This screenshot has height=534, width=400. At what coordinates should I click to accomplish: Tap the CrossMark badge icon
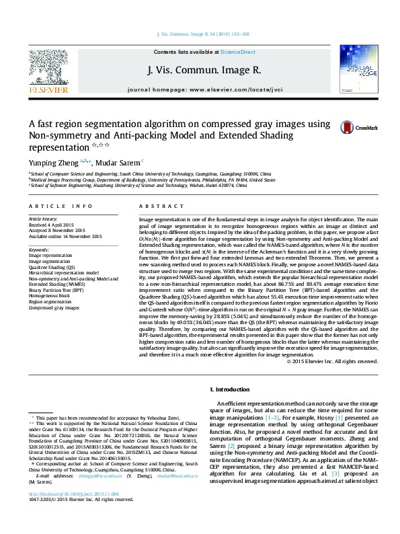pos(347,127)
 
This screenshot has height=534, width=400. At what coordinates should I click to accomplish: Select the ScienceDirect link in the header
pos(237,52)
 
